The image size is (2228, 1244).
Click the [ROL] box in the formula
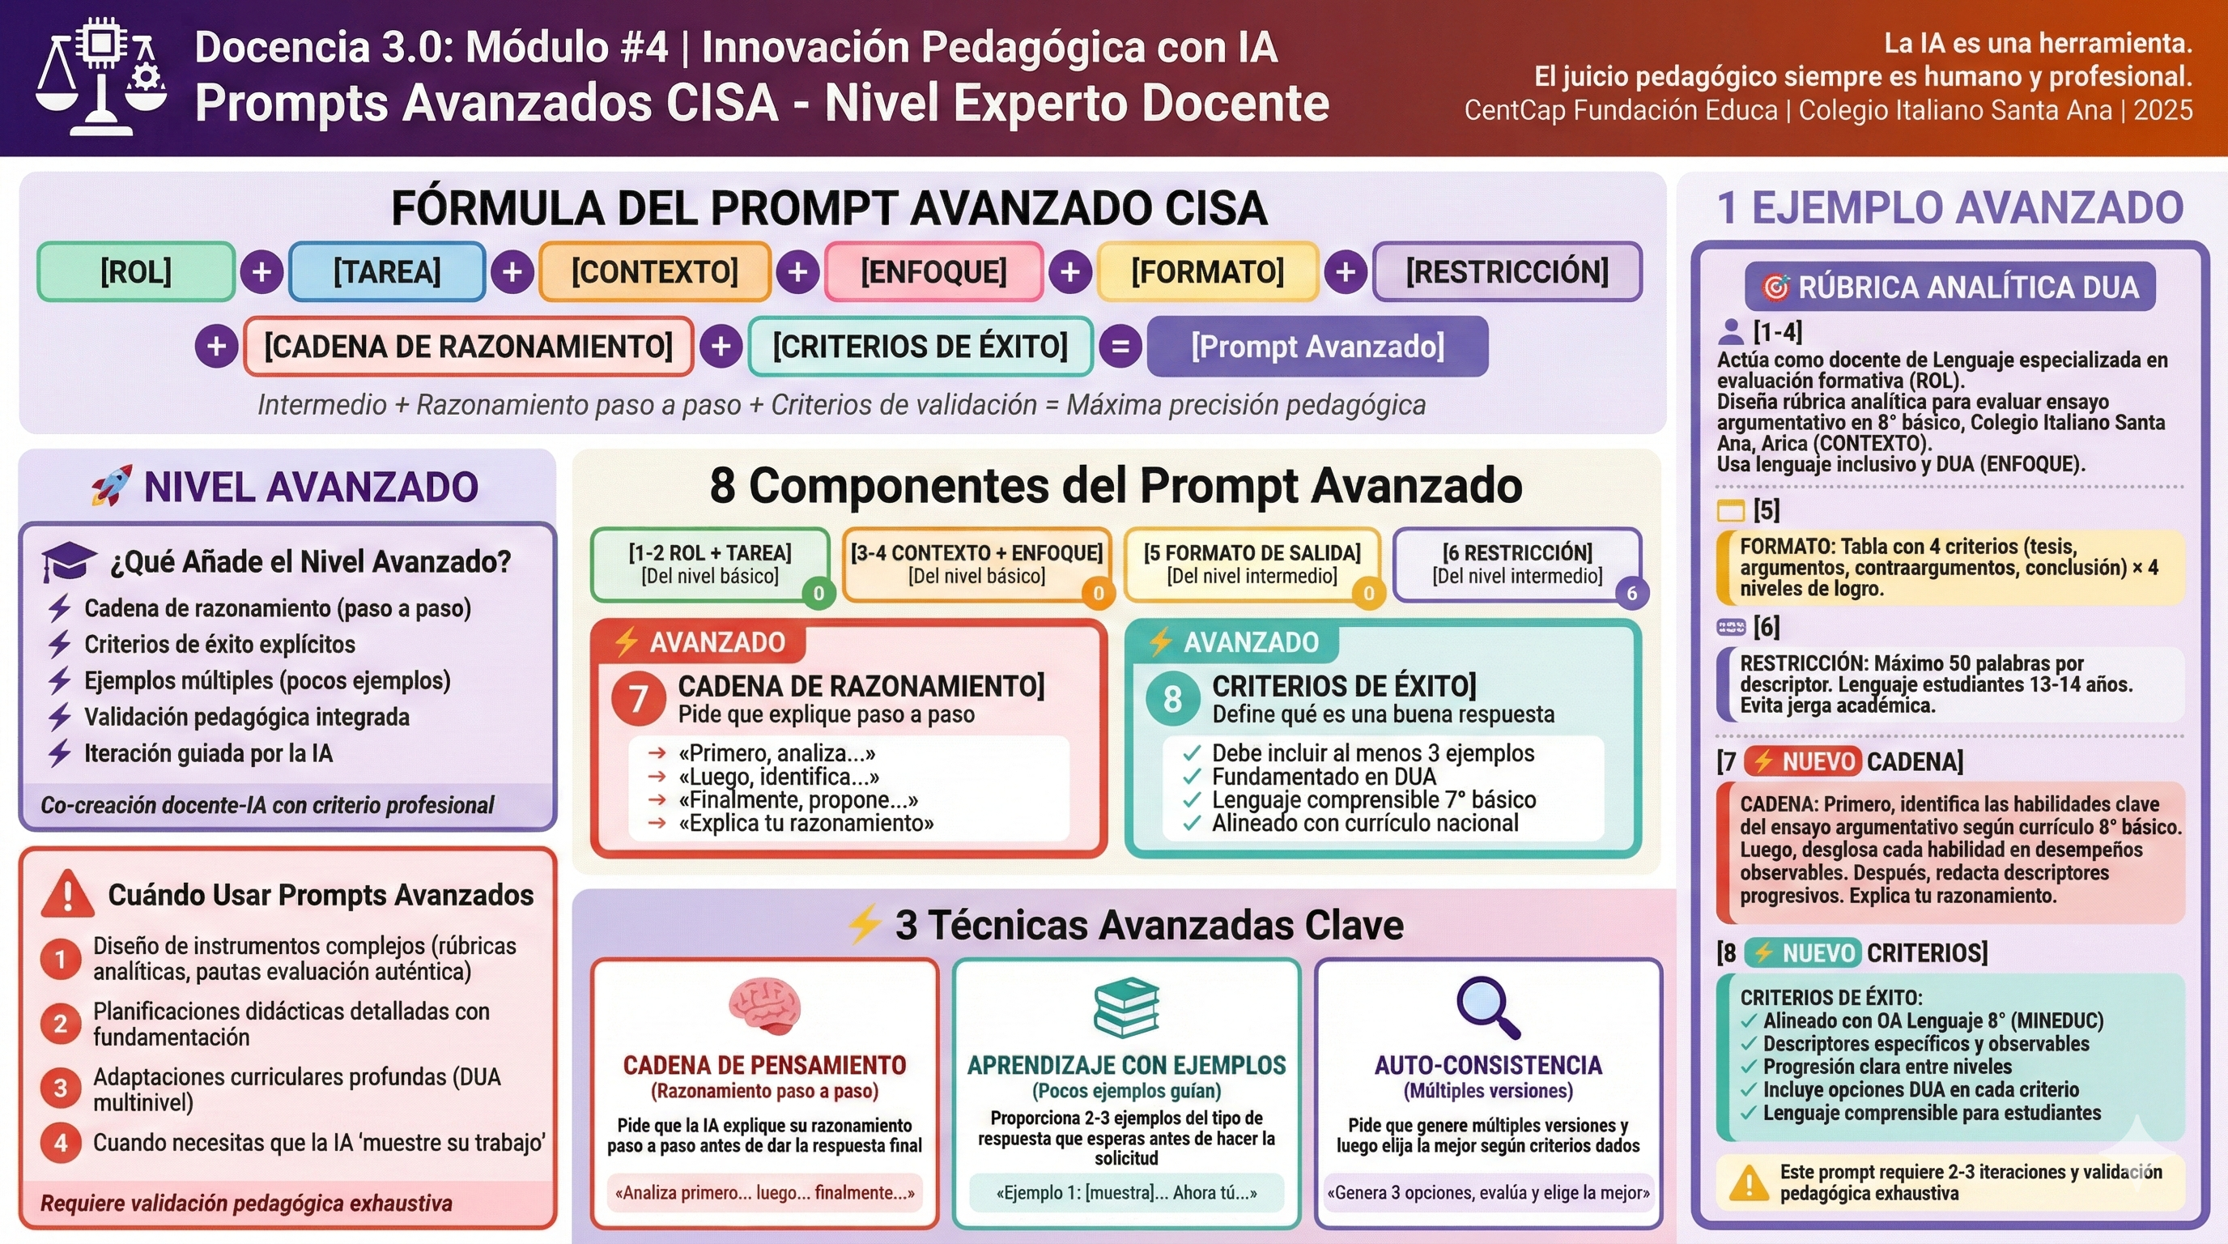136,271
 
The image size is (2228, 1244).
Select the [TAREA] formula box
387,271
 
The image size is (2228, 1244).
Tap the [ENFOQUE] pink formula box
933,271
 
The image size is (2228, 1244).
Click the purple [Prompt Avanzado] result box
1317,346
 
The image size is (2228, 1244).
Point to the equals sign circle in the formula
1120,347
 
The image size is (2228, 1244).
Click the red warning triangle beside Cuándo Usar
67,894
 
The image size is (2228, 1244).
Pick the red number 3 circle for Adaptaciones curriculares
61,1088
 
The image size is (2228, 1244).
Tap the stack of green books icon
1126,1008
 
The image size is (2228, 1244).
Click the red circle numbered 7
638,698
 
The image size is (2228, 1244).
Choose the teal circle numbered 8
1172,698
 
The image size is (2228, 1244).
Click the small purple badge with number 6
1632,593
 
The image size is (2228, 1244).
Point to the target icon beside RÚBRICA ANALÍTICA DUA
1775,287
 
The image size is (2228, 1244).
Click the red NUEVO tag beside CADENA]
1802,761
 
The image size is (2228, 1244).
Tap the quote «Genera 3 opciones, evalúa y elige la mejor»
1488,1193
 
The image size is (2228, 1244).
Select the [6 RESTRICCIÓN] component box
1517,563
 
